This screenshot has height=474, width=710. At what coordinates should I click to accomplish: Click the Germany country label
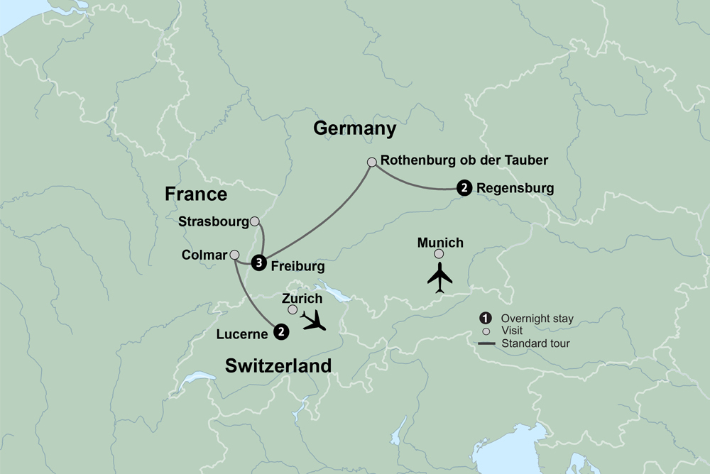coord(354,128)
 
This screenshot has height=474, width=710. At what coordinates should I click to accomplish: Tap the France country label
coord(196,194)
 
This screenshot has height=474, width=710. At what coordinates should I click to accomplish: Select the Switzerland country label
coord(278,366)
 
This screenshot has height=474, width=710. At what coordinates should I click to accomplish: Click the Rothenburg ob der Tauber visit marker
coord(371,162)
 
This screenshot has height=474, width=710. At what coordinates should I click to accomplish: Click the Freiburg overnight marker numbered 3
coord(260,263)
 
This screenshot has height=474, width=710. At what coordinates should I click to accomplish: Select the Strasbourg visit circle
coord(255,221)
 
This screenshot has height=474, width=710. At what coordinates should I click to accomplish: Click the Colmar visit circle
coord(234,254)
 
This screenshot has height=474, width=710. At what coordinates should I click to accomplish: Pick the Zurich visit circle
coord(293,310)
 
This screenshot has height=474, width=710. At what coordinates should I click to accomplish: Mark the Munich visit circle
coord(439,254)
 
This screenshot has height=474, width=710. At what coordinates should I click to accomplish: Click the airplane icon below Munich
coord(440,277)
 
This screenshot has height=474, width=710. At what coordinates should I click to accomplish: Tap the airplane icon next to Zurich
coord(313,320)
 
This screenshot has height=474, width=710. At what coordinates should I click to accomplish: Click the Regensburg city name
coord(515,189)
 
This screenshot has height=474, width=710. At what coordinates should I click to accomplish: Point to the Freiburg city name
coord(297,267)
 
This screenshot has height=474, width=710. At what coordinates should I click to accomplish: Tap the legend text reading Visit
coord(512,331)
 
